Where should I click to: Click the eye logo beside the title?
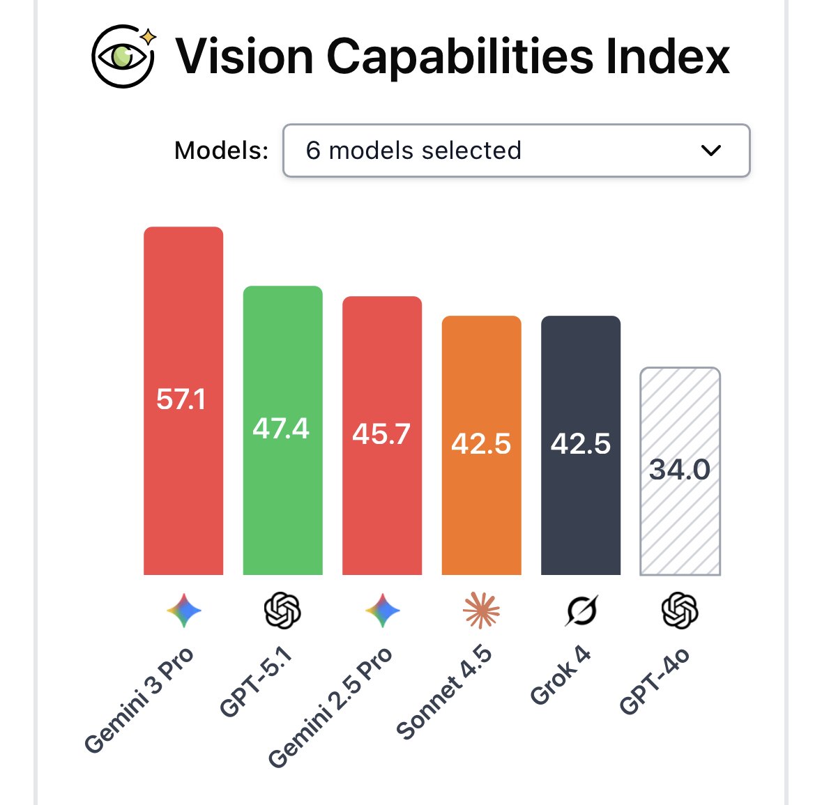[123, 56]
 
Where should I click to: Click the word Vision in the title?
[244, 56]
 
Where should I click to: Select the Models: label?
[221, 151]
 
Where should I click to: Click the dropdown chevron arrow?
[710, 151]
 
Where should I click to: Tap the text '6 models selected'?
[413, 151]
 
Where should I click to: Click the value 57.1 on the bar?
[181, 399]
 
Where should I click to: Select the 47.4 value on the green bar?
[281, 429]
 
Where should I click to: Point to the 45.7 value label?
[381, 434]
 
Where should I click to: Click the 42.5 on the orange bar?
[481, 444]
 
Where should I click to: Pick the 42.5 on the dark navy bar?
[580, 444]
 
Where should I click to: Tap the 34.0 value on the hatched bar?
[680, 470]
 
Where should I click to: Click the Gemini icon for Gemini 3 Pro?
[184, 611]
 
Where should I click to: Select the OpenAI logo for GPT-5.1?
[282, 611]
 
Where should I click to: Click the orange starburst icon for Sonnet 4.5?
[481, 611]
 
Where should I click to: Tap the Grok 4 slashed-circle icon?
[581, 611]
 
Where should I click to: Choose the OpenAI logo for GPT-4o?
[680, 611]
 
